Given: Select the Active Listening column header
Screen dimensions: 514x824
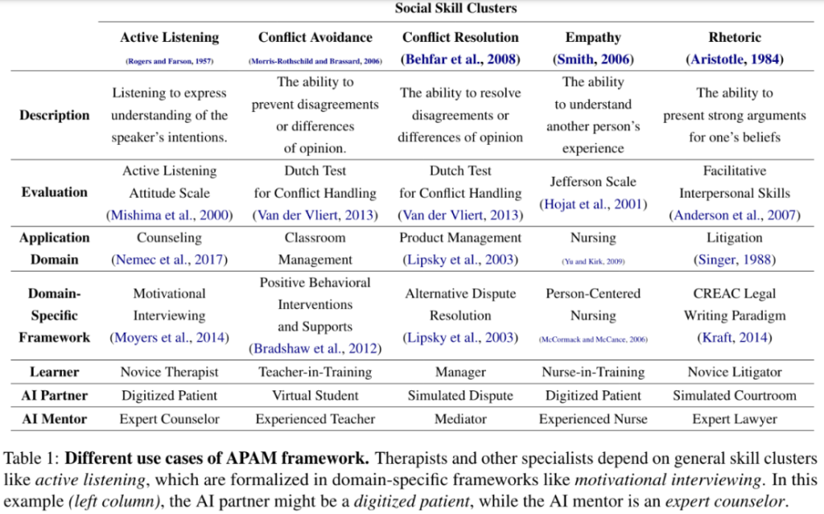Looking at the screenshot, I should pos(170,37).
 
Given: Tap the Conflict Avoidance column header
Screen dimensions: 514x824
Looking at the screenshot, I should pos(315,37).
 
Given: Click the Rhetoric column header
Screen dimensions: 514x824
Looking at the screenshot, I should pos(734,37).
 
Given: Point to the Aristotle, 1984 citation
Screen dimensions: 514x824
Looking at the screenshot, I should pos(734,59).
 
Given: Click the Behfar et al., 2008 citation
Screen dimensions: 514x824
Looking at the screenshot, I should pos(460,59).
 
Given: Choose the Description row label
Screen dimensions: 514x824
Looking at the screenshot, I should pos(54,115).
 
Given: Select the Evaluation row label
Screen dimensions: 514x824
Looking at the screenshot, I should pos(54,192).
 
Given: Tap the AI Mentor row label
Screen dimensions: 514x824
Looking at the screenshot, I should pos(54,418).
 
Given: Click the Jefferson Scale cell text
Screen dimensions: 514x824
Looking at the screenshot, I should pos(593,182).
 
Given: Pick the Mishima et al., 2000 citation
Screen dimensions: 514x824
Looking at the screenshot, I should pos(170,215).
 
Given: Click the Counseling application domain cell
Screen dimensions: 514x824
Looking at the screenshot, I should pos(170,237).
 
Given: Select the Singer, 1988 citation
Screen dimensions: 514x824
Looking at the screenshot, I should pos(734,259).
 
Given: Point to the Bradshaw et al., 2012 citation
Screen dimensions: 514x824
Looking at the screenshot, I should pos(315,348).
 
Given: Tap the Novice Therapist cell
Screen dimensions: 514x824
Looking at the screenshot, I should pos(170,371).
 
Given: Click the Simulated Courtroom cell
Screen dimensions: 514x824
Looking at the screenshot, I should pos(734,395).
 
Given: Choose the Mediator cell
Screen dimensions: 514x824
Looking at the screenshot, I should pos(460,418).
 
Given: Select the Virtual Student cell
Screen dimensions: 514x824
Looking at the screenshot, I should pos(315,395).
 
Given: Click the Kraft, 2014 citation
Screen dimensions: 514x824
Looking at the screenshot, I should pos(734,338).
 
